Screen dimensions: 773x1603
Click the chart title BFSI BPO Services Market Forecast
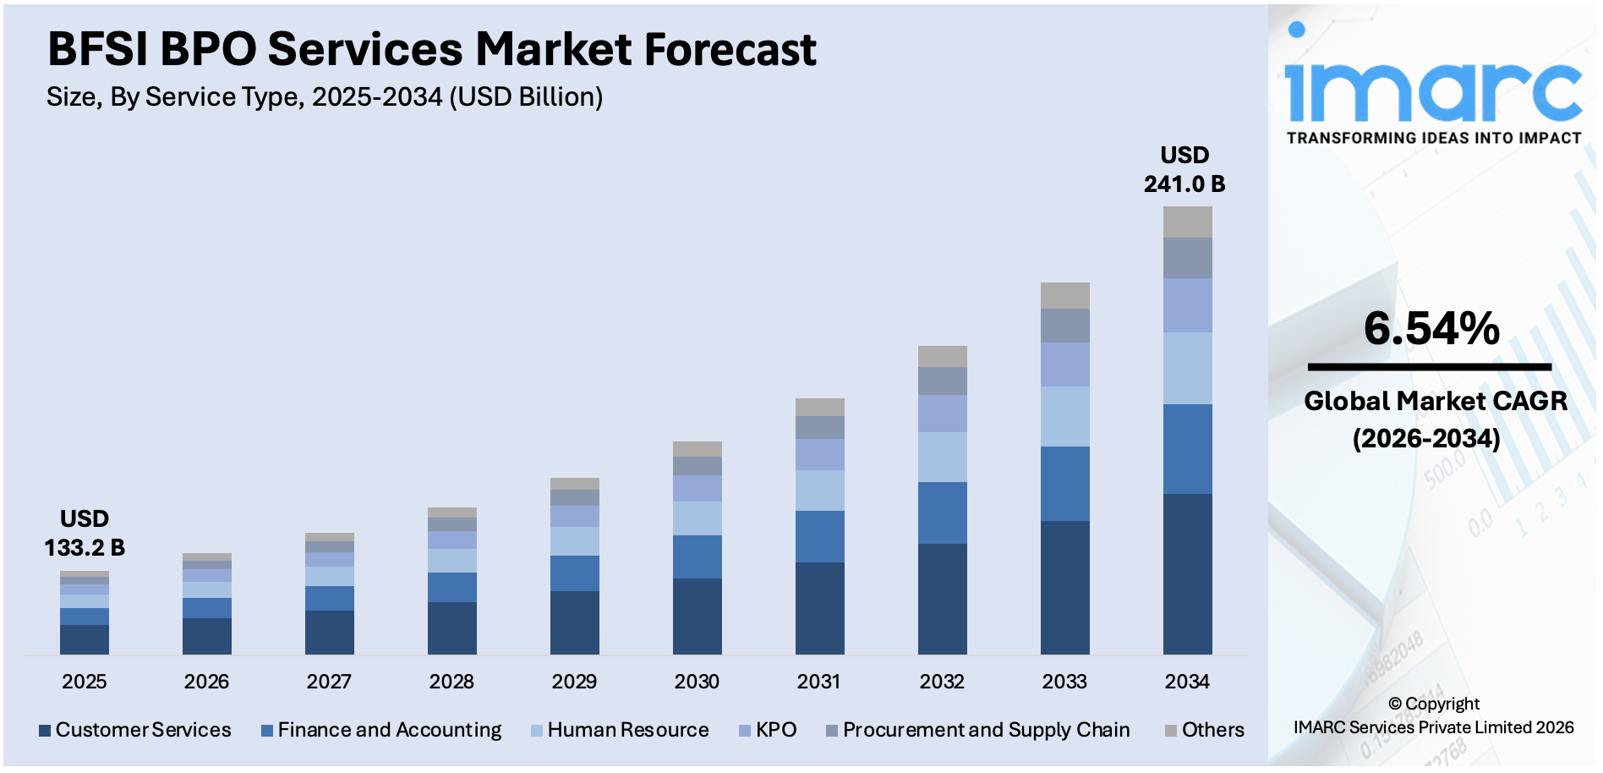[431, 49]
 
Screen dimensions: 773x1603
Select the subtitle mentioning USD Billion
[325, 97]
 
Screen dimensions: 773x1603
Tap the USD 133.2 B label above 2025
[85, 534]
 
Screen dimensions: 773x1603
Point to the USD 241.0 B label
[1184, 170]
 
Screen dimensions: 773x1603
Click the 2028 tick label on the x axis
[451, 682]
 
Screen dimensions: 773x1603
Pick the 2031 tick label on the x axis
[818, 682]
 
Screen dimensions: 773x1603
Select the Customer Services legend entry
[135, 730]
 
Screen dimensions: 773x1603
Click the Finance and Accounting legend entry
[381, 730]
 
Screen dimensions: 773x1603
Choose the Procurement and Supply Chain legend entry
[978, 730]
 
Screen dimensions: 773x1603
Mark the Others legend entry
[1205, 730]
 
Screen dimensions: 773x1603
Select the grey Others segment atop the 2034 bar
[1187, 222]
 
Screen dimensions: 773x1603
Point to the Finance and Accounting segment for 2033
[1064, 483]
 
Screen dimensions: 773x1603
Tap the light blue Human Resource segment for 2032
[942, 457]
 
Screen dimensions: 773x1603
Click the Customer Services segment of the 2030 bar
[697, 616]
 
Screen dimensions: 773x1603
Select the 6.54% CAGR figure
[1431, 329]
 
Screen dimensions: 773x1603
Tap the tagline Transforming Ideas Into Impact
[1433, 138]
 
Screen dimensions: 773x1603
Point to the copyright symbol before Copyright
[1394, 704]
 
